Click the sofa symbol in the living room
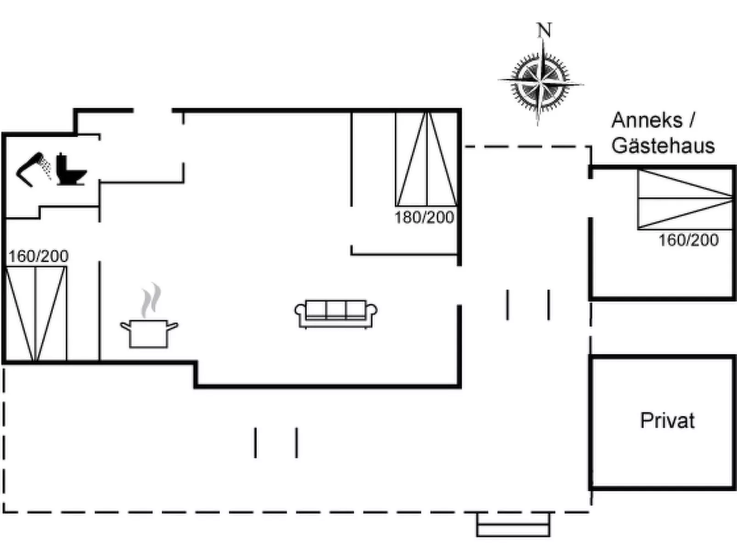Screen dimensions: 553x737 (336, 314)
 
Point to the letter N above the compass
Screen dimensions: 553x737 (544, 30)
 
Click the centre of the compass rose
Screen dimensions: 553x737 (541, 83)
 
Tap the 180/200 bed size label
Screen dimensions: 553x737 (424, 218)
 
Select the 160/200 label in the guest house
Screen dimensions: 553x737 (688, 240)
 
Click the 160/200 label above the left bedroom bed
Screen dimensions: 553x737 (38, 256)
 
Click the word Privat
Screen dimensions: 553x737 (667, 420)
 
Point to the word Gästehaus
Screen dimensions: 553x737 (663, 146)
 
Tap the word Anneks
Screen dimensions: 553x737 (646, 120)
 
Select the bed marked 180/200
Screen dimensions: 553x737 (426, 159)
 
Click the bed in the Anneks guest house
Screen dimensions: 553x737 (685, 199)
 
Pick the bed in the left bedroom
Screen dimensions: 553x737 (36, 314)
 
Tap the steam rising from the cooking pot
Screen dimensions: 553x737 (151, 301)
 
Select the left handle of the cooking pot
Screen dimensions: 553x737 (125, 326)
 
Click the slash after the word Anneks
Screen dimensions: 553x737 (692, 120)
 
